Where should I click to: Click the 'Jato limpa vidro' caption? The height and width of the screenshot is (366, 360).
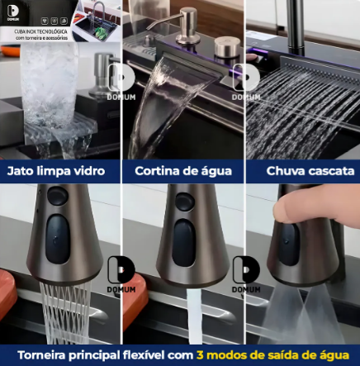(x=56, y=173)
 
